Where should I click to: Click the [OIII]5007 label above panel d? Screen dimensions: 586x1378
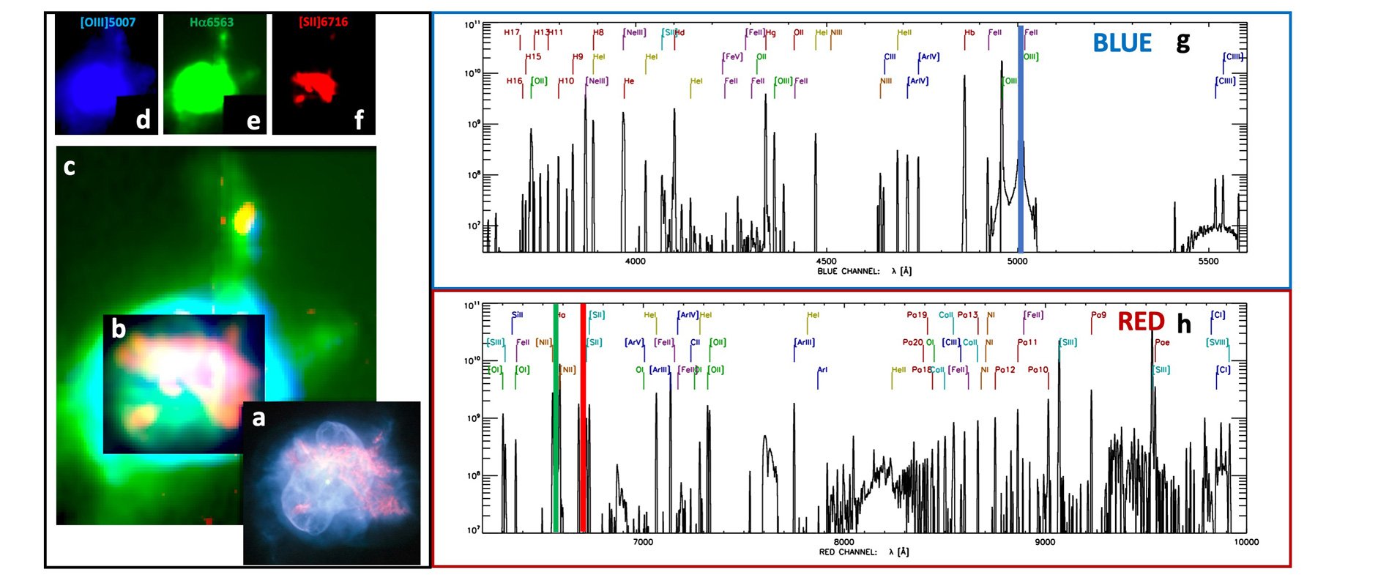point(108,23)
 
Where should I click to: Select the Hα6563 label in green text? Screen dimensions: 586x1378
point(211,23)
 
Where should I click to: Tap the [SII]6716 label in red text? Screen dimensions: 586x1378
point(323,23)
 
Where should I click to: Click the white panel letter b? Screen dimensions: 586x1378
point(119,329)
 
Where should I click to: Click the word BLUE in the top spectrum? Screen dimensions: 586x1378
point(1122,43)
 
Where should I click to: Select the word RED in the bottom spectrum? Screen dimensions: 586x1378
point(1141,322)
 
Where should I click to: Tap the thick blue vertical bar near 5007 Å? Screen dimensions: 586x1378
point(1021,139)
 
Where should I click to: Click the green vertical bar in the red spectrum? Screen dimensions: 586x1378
point(556,418)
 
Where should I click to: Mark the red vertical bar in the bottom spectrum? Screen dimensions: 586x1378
point(583,418)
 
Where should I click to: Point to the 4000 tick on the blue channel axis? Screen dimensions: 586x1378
point(635,262)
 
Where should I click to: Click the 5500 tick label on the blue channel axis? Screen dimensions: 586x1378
point(1208,262)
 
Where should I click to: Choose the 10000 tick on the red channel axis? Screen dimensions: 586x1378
point(1246,542)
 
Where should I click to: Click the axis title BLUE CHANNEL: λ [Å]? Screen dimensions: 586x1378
point(864,272)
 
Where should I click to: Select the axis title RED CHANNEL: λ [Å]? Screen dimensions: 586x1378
point(864,552)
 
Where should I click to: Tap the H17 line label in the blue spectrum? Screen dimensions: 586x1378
point(511,33)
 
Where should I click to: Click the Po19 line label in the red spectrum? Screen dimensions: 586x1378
point(916,315)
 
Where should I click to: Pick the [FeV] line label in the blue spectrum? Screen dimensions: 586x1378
point(732,57)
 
